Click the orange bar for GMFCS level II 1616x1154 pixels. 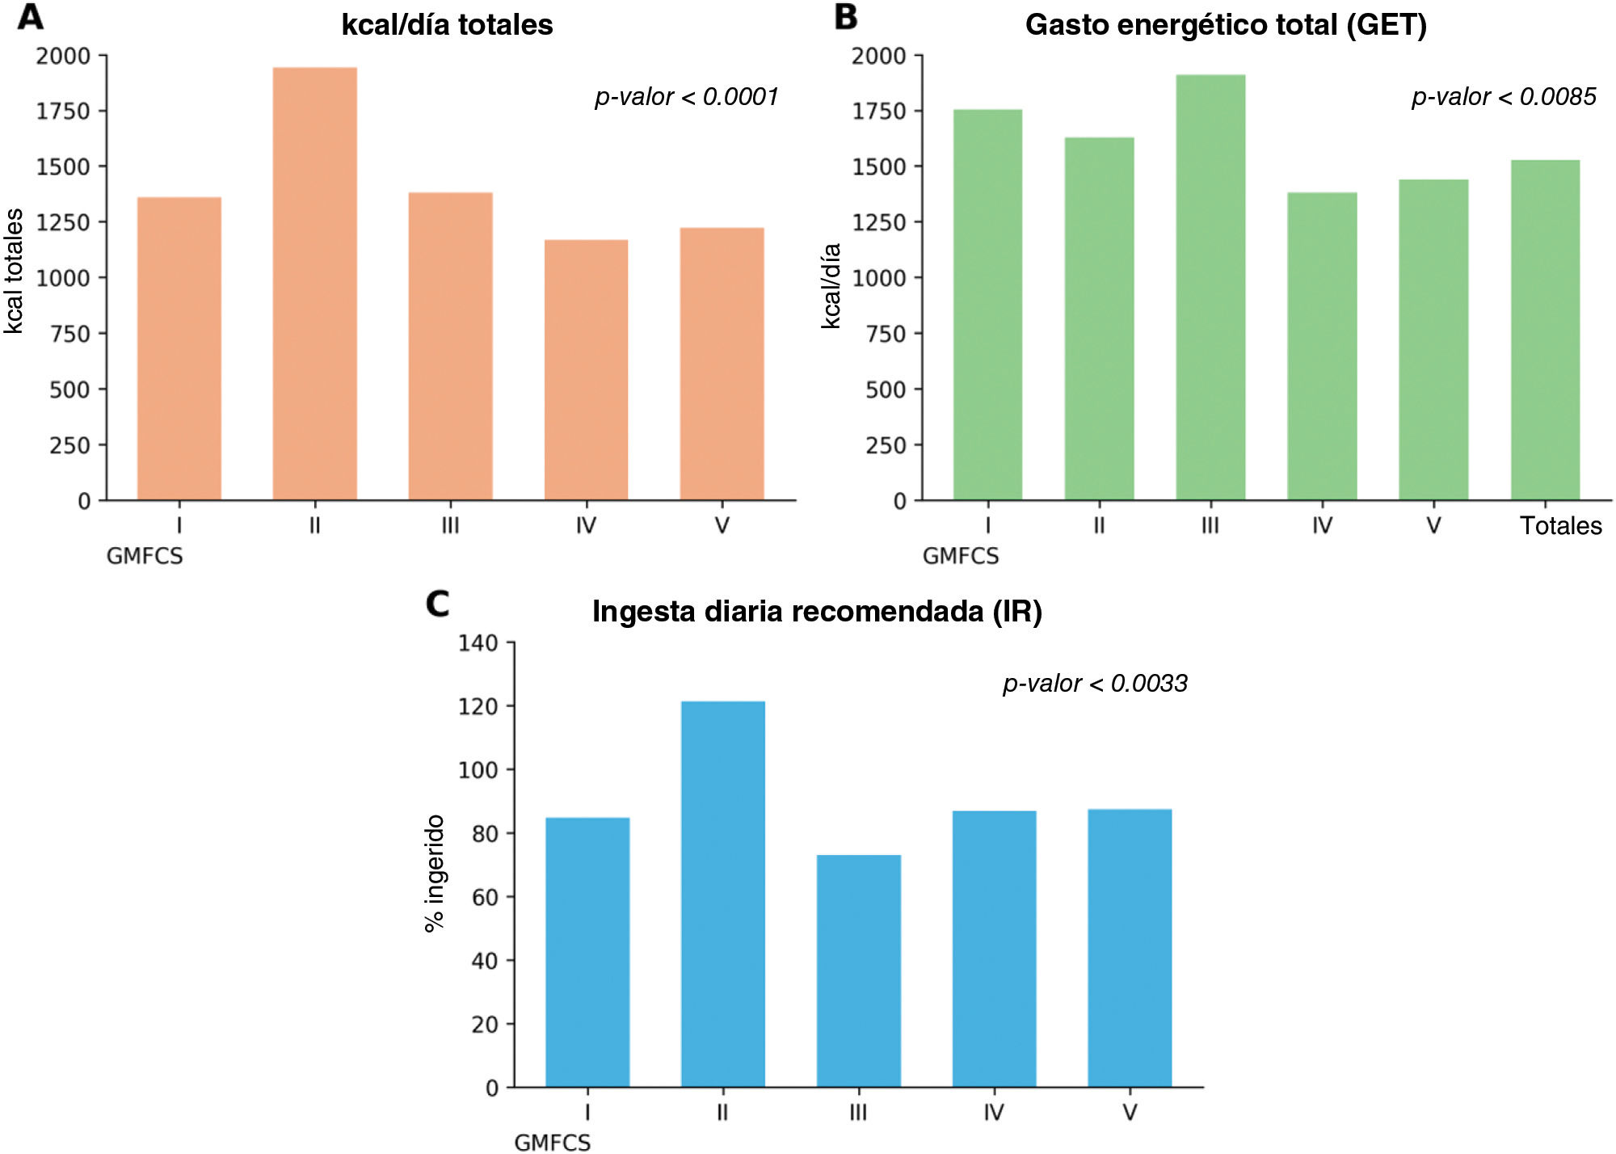coord(315,284)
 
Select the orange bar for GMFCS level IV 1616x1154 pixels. coord(586,370)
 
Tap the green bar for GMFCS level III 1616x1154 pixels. coord(1210,288)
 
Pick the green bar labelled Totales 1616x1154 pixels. coord(1545,331)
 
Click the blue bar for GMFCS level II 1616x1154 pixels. coord(723,894)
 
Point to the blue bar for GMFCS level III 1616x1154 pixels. coord(859,971)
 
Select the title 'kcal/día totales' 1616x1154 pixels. coord(447,25)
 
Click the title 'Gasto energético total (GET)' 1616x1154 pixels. coord(1226,25)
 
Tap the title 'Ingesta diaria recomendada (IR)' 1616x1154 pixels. coord(817,612)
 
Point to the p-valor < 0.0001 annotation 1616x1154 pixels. coord(687,97)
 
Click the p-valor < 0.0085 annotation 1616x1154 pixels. coord(1504,97)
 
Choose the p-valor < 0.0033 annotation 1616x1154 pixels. coord(1095,684)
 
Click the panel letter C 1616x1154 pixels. coord(437,604)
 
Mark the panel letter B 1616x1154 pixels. coord(845,17)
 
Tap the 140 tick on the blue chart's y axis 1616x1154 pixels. coord(478,643)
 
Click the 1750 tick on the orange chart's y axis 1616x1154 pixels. coord(63,112)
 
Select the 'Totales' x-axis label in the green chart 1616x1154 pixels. coord(1561,526)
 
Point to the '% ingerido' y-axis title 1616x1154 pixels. coord(434,873)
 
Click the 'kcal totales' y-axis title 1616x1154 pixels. coord(14,271)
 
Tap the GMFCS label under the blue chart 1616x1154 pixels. coord(553,1143)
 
